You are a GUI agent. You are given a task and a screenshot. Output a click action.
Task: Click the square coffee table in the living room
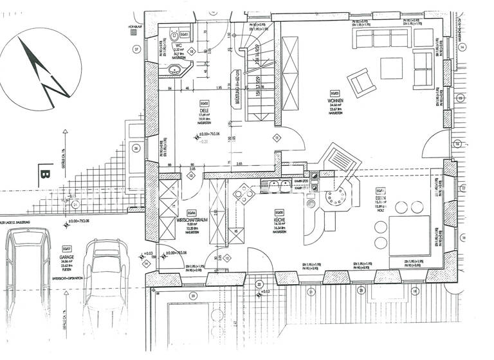(391, 67)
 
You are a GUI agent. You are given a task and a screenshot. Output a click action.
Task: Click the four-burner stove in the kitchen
(244, 192)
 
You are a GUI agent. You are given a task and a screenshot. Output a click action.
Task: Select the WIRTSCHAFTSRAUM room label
(190, 220)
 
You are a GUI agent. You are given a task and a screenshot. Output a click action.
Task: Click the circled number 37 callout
(136, 49)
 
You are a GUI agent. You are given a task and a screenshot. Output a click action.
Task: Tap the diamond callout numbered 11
(277, 138)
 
